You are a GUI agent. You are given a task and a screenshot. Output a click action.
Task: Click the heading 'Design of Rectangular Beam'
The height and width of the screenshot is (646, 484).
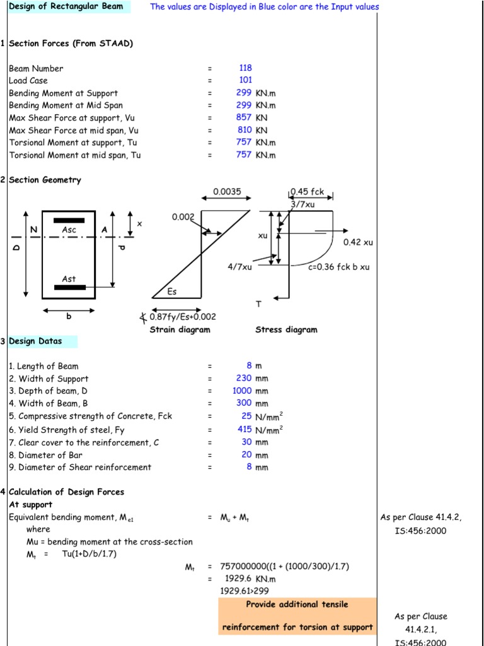(x=66, y=7)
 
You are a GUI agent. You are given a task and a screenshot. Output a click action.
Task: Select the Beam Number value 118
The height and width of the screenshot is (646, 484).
(x=245, y=68)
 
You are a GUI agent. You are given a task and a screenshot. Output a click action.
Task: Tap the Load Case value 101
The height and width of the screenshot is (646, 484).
(x=245, y=80)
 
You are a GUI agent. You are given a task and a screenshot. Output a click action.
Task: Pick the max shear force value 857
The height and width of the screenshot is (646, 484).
(x=244, y=117)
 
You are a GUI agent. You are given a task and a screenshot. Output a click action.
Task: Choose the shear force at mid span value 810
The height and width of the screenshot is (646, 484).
(x=244, y=130)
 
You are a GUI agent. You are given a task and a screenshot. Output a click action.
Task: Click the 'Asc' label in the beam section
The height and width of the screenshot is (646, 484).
(x=69, y=230)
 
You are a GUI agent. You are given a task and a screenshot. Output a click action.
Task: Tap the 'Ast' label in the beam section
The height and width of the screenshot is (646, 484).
(x=69, y=278)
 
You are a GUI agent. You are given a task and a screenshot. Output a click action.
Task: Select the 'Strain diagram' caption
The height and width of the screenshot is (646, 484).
(x=180, y=329)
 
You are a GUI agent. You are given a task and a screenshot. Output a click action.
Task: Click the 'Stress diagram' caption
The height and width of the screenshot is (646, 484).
(x=286, y=329)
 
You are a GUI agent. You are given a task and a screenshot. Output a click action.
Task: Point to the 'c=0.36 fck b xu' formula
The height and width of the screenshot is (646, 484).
(x=339, y=267)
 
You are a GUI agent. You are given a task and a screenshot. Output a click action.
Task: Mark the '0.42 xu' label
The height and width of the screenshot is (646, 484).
(x=358, y=242)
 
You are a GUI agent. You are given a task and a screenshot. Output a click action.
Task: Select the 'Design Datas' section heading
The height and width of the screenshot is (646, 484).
(x=35, y=341)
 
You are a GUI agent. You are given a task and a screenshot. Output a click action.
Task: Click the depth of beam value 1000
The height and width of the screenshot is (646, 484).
(x=242, y=391)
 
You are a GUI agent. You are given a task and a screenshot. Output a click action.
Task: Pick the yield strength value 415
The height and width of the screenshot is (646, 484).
(x=244, y=429)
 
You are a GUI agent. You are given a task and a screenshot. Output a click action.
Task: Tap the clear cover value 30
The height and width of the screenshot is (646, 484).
(x=246, y=442)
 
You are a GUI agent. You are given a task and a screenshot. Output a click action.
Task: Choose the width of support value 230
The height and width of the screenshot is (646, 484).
(x=244, y=379)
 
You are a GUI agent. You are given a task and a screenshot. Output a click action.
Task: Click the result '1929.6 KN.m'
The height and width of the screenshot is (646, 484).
(x=250, y=578)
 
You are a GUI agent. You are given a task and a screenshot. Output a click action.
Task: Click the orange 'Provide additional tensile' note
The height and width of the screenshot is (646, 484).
(x=297, y=604)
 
